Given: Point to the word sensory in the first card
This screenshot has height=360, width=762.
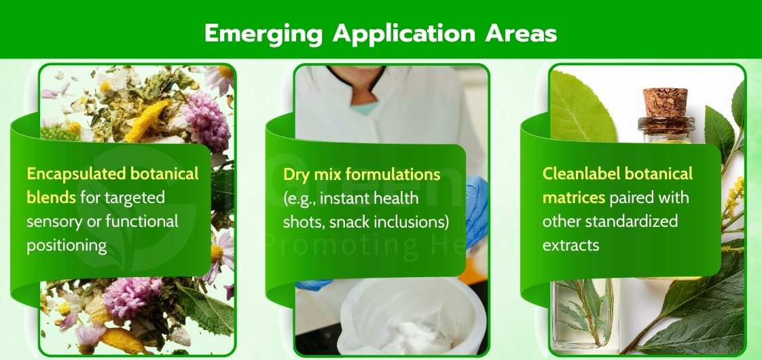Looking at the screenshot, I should (x=52, y=221).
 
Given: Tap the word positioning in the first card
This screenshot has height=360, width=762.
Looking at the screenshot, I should (x=67, y=245).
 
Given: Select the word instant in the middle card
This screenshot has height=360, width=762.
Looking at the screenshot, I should (x=340, y=199).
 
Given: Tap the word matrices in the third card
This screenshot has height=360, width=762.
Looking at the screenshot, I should (x=574, y=198).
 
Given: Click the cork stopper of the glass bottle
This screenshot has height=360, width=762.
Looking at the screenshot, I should (x=666, y=102).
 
